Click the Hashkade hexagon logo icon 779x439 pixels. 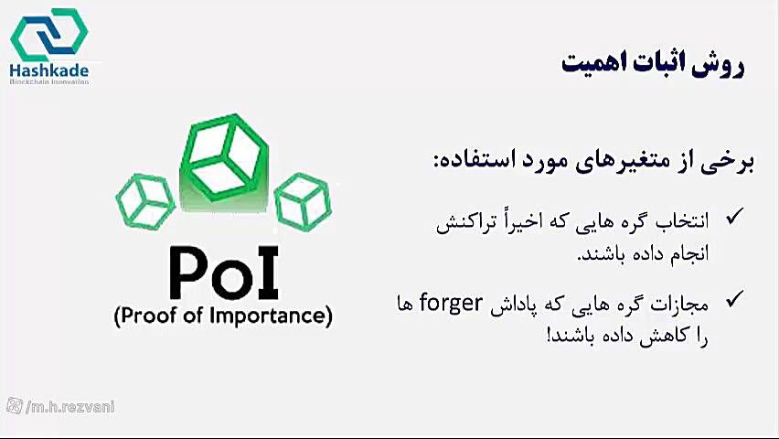pyautogui.click(x=48, y=34)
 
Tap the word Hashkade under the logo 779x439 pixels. pyautogui.click(x=49, y=70)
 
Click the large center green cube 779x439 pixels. pyautogui.click(x=225, y=158)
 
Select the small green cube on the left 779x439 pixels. pyautogui.click(x=145, y=201)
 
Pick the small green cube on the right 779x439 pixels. pyautogui.click(x=303, y=201)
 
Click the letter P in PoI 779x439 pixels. pyautogui.click(x=188, y=273)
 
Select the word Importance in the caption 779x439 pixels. pyautogui.click(x=267, y=316)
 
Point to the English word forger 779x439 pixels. pyautogui.click(x=451, y=304)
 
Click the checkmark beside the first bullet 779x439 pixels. pyautogui.click(x=734, y=217)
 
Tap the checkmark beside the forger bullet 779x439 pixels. pyautogui.click(x=734, y=299)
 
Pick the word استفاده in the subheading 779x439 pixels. pyautogui.click(x=468, y=161)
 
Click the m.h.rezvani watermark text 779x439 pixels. pyautogui.click(x=70, y=407)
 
